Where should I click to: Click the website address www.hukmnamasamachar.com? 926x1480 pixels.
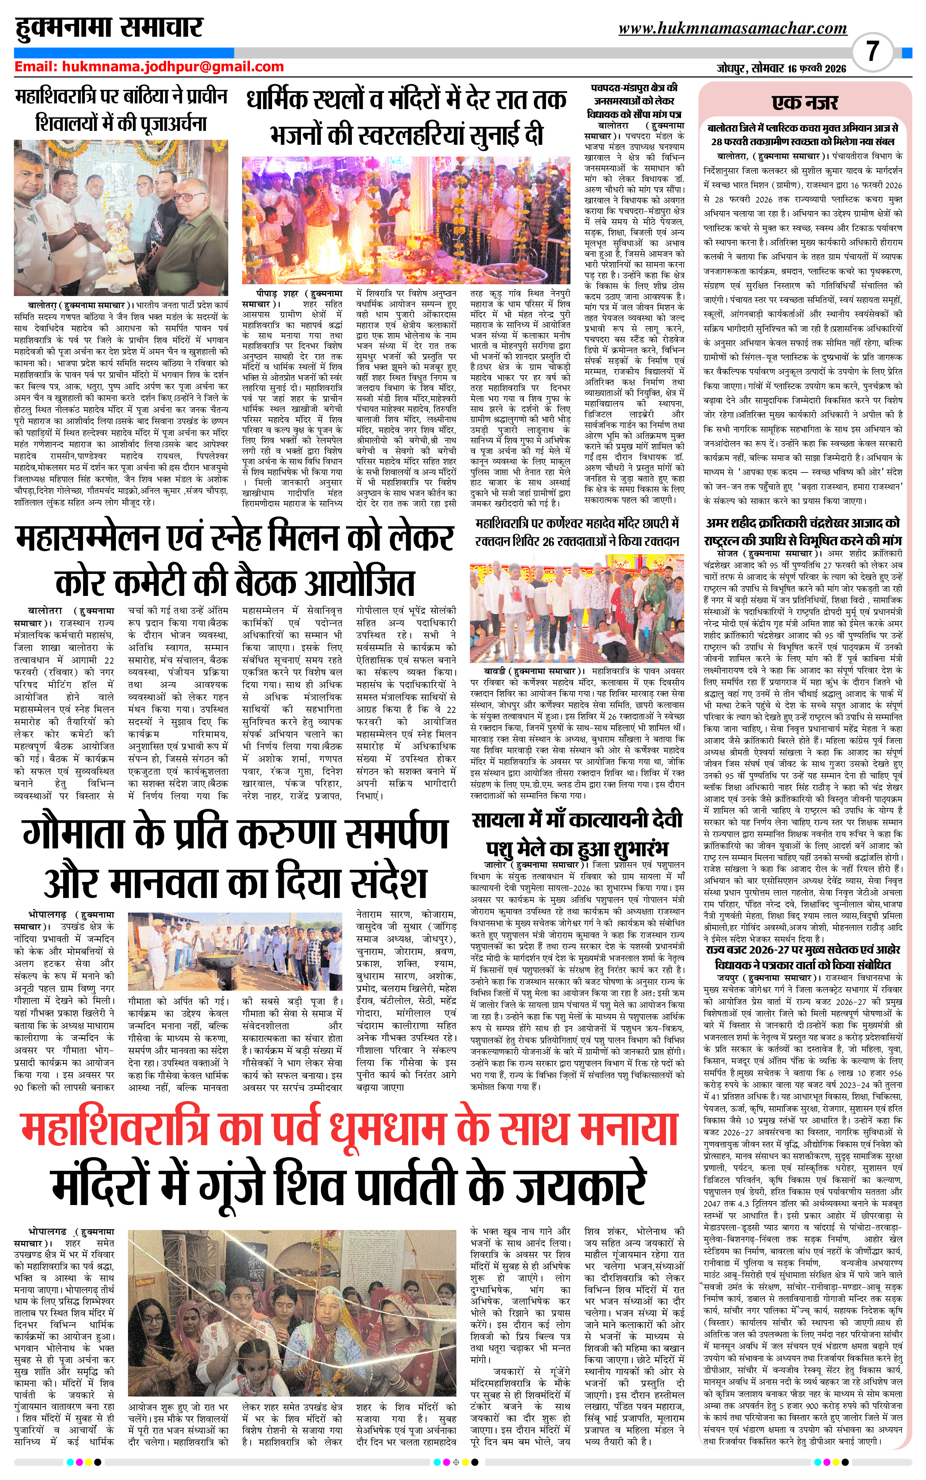pos(732,28)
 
